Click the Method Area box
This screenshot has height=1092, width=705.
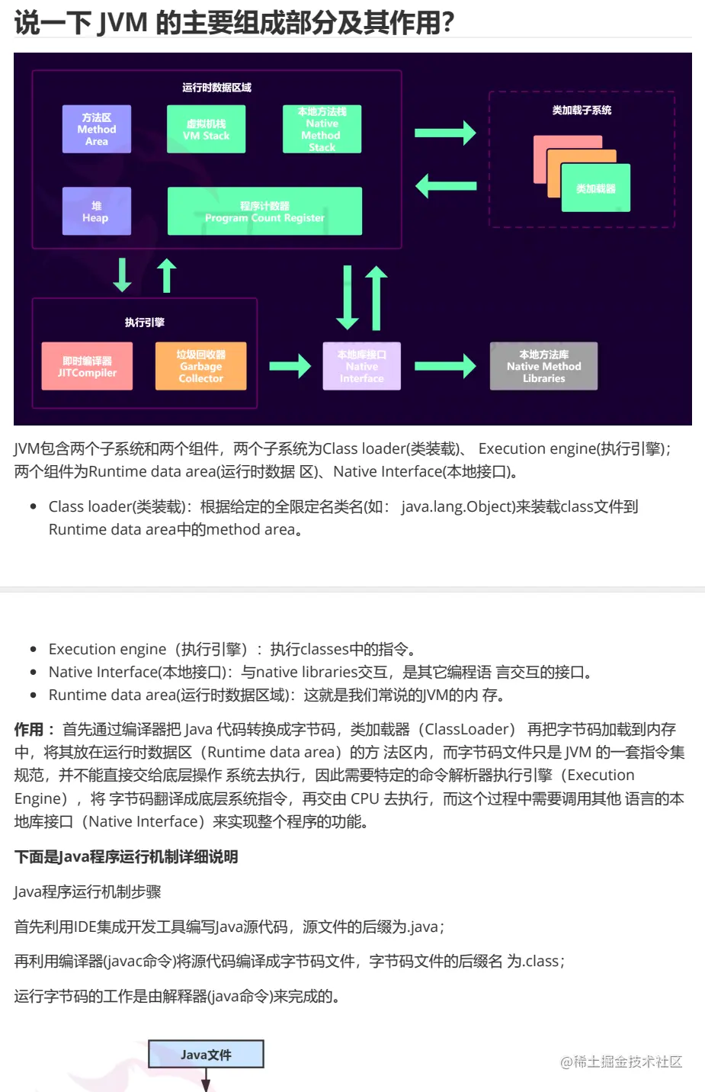click(x=97, y=130)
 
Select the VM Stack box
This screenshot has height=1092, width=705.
click(x=206, y=130)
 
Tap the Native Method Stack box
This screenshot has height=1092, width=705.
click(x=322, y=130)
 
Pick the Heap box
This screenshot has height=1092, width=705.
click(x=96, y=211)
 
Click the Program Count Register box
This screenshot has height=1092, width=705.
click(x=264, y=211)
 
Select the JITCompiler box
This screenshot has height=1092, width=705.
click(x=87, y=367)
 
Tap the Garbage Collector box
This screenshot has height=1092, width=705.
click(x=201, y=367)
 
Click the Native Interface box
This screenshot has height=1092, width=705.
click(x=362, y=367)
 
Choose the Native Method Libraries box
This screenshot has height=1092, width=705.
click(x=543, y=367)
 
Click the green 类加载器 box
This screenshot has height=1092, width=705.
click(x=596, y=188)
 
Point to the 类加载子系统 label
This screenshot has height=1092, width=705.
click(x=582, y=111)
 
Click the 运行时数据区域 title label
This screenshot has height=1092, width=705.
click(x=216, y=88)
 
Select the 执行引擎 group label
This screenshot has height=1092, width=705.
click(x=145, y=323)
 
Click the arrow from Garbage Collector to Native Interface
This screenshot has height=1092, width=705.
click(x=290, y=367)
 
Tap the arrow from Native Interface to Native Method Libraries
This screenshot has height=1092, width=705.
click(x=445, y=367)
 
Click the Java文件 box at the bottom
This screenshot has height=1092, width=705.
click(x=206, y=1055)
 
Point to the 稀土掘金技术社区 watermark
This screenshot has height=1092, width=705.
click(x=621, y=1061)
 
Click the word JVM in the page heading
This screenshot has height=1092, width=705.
click(x=123, y=22)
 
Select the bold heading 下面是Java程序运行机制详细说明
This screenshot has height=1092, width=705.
click(x=127, y=857)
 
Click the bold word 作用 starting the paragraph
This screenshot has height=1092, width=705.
click(x=29, y=730)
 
